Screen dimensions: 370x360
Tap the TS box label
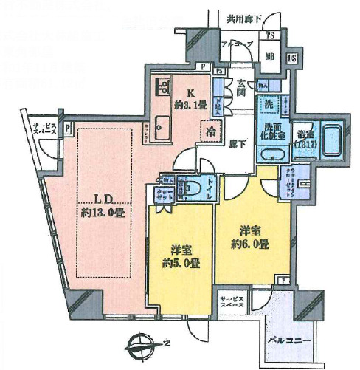click(271, 35)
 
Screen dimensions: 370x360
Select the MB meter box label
click(270, 56)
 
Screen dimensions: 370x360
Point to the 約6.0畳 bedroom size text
click(249, 244)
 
